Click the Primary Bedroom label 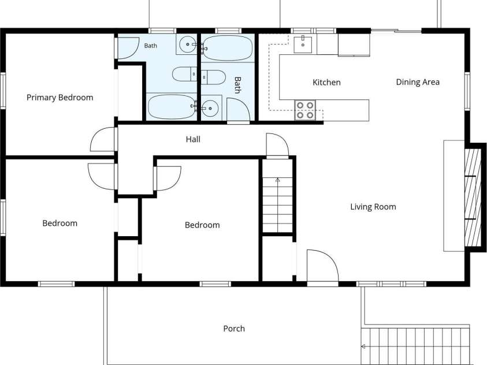pos(60,98)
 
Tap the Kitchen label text pos(326,82)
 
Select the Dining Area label pos(418,82)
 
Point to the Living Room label pos(373,207)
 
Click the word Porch pos(234,329)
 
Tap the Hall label pos(193,139)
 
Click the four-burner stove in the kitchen pos(305,110)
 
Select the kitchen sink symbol pos(303,44)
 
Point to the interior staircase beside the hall pos(278,204)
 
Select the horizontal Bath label pos(151,46)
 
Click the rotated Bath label pos(237,85)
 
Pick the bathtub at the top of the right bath pos(228,48)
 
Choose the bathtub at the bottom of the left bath pos(172,107)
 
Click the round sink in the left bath pos(188,44)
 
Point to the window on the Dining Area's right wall pos(467,91)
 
